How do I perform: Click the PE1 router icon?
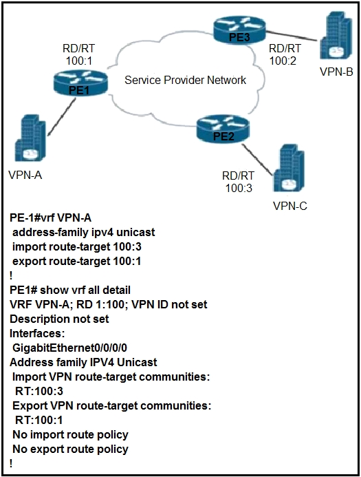(x=80, y=82)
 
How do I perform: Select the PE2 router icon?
(x=223, y=129)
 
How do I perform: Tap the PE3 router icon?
(x=239, y=30)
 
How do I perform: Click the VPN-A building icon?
(x=30, y=138)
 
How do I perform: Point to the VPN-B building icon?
(x=336, y=36)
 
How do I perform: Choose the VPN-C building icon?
(x=289, y=168)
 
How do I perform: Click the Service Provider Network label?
(x=186, y=80)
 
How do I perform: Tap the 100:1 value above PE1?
(x=79, y=61)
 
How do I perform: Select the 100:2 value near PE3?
(x=283, y=61)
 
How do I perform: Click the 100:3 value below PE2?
(x=239, y=189)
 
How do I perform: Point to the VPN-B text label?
(x=336, y=72)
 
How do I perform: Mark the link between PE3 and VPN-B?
(x=293, y=35)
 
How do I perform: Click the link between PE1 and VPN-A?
(x=61, y=118)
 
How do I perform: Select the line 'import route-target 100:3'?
(x=77, y=246)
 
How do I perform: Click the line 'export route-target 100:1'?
(x=76, y=261)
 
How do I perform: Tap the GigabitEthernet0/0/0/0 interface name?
(x=69, y=348)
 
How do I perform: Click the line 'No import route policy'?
(x=70, y=435)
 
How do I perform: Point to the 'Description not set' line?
(x=59, y=319)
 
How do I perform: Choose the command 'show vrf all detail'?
(x=85, y=290)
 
